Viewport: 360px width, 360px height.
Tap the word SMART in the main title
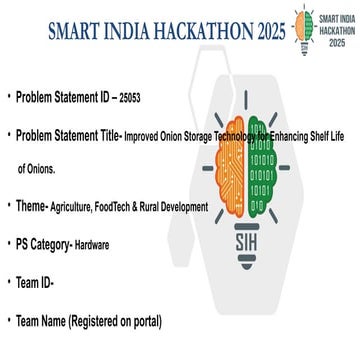click(x=76, y=29)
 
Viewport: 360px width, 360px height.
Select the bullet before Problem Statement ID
click(x=8, y=98)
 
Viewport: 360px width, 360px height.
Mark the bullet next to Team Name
click(x=8, y=321)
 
